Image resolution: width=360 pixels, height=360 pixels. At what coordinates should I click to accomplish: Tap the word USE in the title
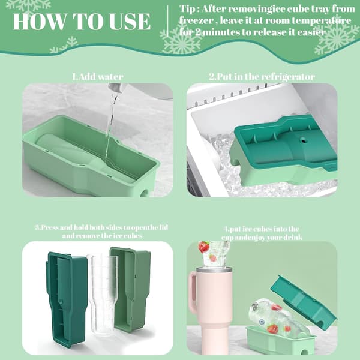[x=130, y=22]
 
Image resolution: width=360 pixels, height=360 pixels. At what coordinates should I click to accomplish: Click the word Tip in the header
[x=187, y=9]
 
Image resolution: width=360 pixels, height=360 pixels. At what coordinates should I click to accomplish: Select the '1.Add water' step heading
[x=98, y=76]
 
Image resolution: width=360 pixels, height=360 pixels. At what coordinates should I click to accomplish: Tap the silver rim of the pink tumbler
[x=214, y=270]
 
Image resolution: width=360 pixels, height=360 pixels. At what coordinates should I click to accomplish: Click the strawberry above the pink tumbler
[x=203, y=247]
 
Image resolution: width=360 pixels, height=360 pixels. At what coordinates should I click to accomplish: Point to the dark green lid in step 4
[x=304, y=302]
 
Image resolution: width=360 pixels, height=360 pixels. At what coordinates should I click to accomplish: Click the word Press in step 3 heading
[x=49, y=227]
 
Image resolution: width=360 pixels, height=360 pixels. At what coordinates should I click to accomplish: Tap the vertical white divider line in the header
[x=168, y=20]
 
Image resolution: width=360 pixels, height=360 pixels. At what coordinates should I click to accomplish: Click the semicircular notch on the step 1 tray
[x=145, y=193]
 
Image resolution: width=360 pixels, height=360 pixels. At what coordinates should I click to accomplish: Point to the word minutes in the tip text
[x=221, y=32]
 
